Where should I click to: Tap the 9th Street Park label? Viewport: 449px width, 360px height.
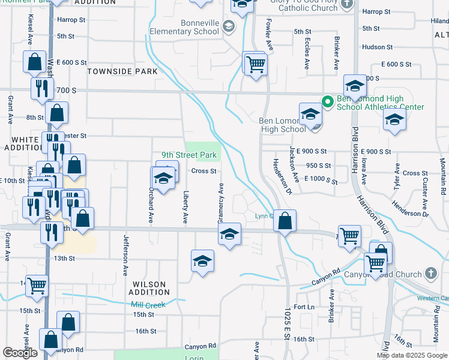click(x=192, y=155)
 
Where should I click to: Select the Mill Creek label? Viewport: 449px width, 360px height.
click(x=148, y=305)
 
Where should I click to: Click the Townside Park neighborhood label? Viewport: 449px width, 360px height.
click(x=122, y=71)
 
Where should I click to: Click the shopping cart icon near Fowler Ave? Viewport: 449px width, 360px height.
click(x=256, y=63)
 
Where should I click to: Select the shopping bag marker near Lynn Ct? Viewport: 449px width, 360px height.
click(x=285, y=221)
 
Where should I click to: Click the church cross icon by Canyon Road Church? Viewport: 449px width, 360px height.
click(x=430, y=274)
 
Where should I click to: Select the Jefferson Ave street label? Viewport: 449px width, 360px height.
click(x=125, y=254)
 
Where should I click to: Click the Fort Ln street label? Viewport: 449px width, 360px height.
click(x=304, y=307)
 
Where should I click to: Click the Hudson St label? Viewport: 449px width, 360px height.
click(x=377, y=47)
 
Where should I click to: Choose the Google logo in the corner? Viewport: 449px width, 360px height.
click(x=20, y=353)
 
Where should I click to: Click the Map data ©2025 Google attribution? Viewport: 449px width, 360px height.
click(x=412, y=355)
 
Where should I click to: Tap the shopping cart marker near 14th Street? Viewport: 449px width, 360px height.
click(x=37, y=286)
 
